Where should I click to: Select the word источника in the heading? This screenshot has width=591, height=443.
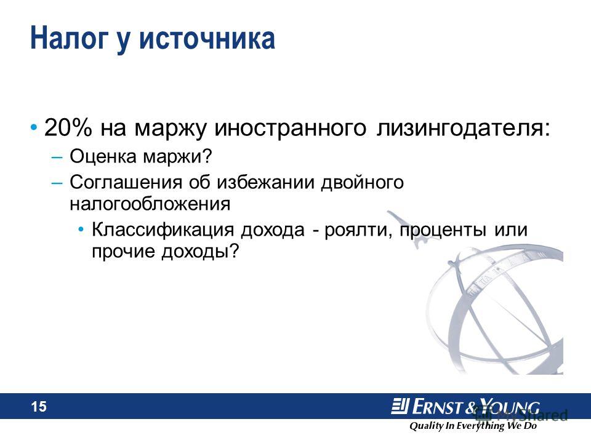pos(207,38)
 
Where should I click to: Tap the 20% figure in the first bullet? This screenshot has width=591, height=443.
pos(68,127)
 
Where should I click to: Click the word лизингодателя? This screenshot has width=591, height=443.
pos(463,128)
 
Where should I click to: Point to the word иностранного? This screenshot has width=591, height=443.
pos(290,129)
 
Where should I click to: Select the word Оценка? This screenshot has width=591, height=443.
pos(103,156)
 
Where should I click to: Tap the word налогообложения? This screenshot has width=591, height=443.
pos(150,204)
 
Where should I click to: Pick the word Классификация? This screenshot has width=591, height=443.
pos(163,229)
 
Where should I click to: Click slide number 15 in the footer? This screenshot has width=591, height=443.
pos(38,407)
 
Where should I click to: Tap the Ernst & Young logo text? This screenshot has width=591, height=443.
pos(476,407)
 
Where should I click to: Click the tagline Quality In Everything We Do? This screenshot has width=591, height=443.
pos(473,426)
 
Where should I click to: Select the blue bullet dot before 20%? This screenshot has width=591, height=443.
pos(34,127)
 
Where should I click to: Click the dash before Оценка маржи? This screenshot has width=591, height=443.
pos(57,157)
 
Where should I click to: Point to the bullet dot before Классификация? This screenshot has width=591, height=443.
pos(81,229)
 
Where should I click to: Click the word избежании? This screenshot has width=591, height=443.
pos(266,182)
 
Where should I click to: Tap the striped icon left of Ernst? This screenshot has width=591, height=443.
pos(400,406)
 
